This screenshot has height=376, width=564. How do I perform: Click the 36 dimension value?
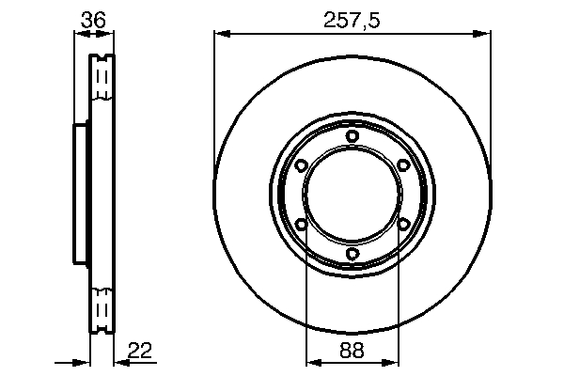click(92, 17)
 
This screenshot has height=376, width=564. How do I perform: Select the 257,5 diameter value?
click(352, 17)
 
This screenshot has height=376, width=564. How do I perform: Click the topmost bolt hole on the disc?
click(352, 136)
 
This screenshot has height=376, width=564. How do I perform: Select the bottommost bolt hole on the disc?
click(352, 254)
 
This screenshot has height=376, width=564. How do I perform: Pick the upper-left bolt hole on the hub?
click(301, 165)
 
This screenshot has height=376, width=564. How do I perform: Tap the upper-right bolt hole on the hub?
click(403, 165)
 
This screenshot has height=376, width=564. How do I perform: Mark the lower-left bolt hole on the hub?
click(301, 224)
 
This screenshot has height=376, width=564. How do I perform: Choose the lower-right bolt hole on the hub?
click(403, 224)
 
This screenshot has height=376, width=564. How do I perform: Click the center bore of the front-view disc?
click(352, 195)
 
